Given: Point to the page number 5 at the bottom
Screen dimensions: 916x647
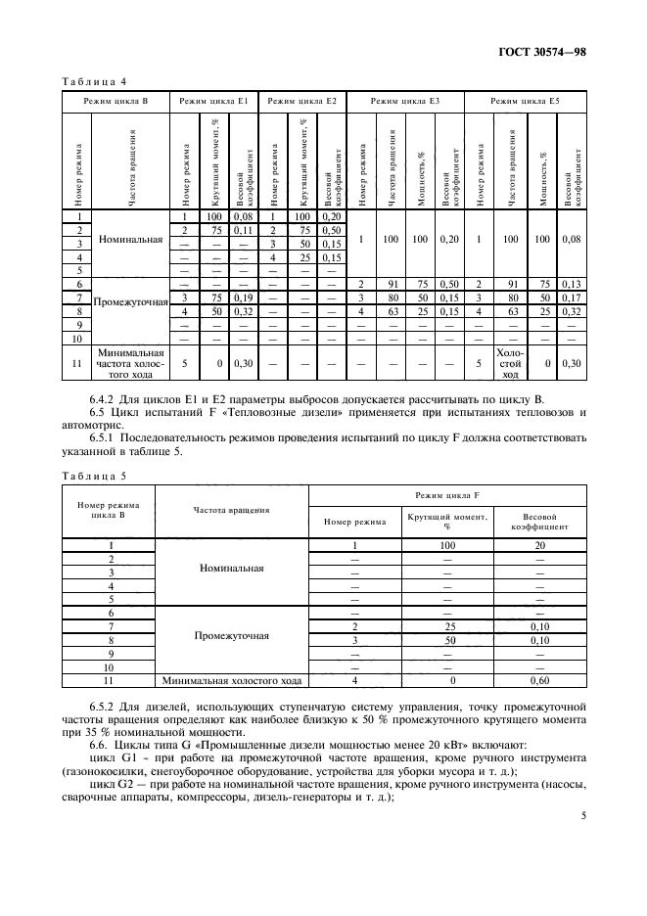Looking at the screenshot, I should pos(582,839).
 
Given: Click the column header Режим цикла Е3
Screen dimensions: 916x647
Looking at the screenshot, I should pos(405,101).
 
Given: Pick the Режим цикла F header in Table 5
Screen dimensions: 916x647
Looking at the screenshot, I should pos(446,498).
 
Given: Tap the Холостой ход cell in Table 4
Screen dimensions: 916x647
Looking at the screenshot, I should pos(509,363).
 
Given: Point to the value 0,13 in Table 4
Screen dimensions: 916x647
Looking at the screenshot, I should pos(572,283).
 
